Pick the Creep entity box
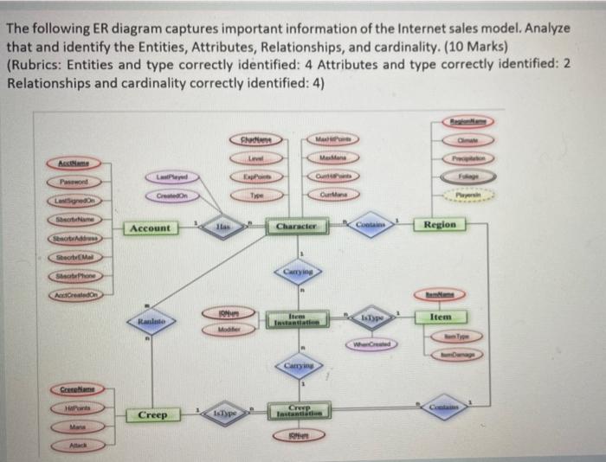click(x=151, y=415)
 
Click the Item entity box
click(x=442, y=318)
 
